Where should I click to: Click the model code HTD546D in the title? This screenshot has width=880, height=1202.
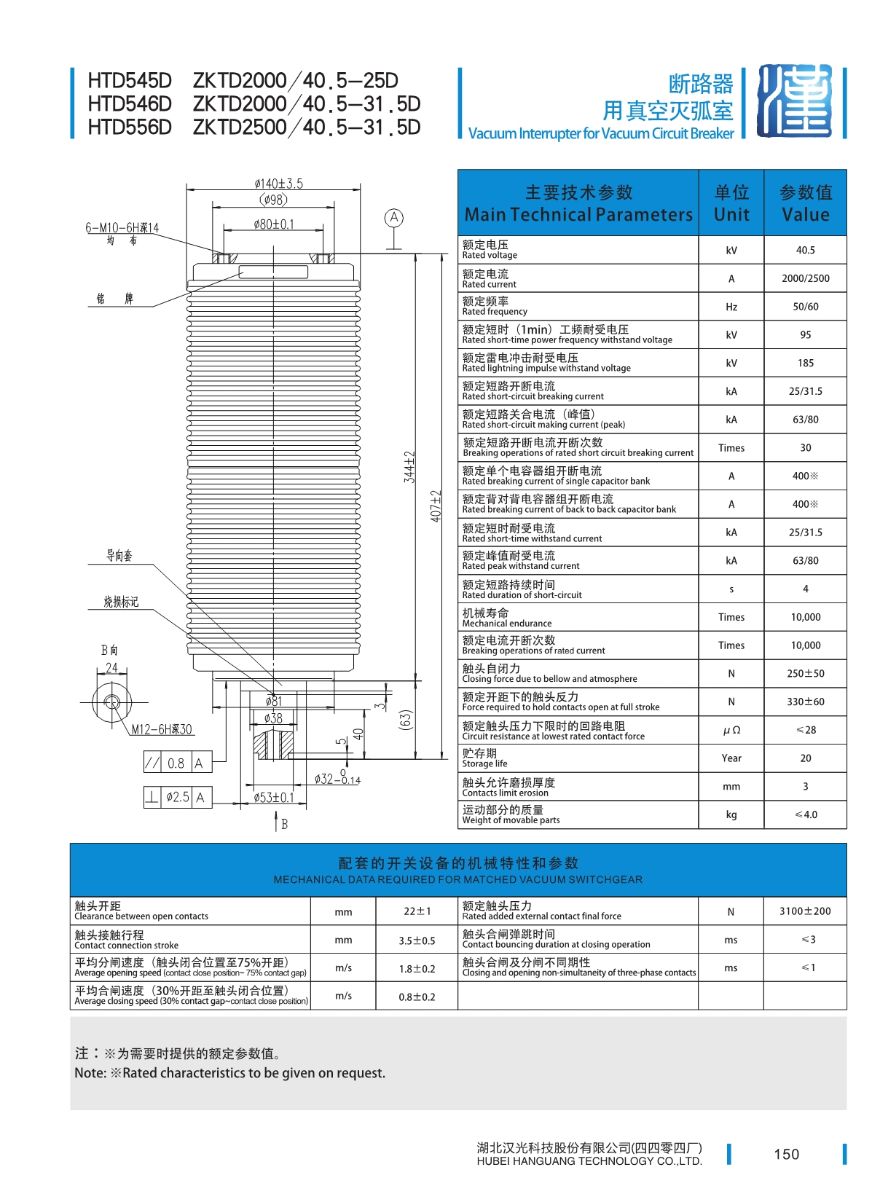[130, 104]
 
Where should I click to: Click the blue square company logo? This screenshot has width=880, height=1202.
[794, 101]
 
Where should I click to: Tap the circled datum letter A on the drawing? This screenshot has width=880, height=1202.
[393, 218]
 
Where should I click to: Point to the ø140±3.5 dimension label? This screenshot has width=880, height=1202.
[278, 184]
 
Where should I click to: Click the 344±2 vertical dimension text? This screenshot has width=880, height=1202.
[409, 467]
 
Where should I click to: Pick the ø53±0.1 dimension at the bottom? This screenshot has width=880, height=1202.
[274, 798]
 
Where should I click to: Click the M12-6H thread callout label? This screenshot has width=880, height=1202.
[162, 729]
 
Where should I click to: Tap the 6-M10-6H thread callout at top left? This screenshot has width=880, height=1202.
[122, 228]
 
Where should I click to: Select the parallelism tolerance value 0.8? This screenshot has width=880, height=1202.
[176, 763]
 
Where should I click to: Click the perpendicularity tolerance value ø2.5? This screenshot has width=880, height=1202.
[177, 798]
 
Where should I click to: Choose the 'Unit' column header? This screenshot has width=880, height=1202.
[731, 214]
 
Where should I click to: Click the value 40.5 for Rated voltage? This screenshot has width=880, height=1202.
[805, 250]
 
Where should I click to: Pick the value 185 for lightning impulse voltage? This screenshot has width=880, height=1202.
[805, 363]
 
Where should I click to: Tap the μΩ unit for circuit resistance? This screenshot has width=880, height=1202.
[731, 730]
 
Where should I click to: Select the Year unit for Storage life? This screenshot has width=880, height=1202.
[731, 758]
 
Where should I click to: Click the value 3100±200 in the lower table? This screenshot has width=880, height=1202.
[804, 911]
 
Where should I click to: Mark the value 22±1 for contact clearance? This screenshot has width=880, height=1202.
[417, 911]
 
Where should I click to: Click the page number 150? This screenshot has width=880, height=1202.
[786, 1154]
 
